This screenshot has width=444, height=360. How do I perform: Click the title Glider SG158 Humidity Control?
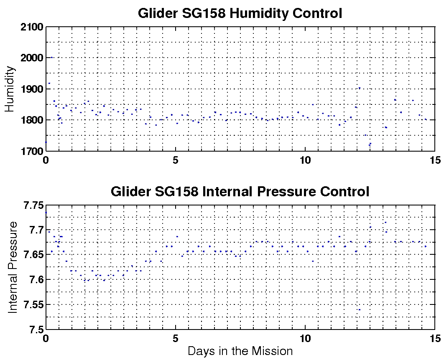click(240, 13)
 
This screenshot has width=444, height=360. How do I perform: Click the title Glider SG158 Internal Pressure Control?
click(240, 192)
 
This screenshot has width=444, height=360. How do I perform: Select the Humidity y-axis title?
click(10, 89)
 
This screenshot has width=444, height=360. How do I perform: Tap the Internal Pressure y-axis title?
click(13, 267)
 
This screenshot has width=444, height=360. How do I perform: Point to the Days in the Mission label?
click(240, 350)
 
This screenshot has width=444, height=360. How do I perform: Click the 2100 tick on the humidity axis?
click(32, 27)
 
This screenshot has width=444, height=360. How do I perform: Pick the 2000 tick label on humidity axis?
click(32, 58)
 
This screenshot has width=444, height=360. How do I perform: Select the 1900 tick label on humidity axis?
click(32, 89)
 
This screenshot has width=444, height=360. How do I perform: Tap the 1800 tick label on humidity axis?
click(32, 120)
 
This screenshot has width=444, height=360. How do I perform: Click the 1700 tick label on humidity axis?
click(32, 151)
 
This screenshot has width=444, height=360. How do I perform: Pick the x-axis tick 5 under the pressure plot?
click(176, 338)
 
